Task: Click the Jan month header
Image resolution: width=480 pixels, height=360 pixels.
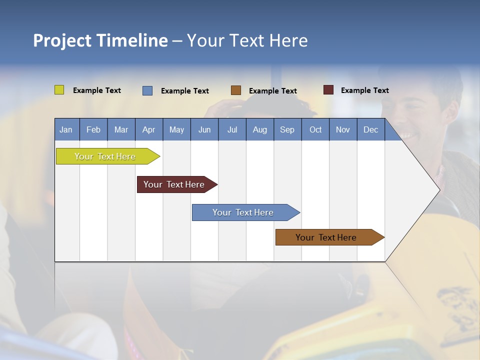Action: pyautogui.click(x=66, y=129)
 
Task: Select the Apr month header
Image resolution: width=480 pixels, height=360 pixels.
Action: pyautogui.click(x=148, y=129)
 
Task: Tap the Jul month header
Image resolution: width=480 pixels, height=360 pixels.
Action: pyautogui.click(x=232, y=129)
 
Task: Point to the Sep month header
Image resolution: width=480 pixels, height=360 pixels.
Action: pyautogui.click(x=287, y=129)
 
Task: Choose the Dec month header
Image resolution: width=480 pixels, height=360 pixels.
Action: pyautogui.click(x=370, y=129)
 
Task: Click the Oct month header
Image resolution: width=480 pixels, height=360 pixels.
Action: pyautogui.click(x=315, y=129)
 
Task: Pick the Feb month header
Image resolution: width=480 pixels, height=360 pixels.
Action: pyautogui.click(x=93, y=129)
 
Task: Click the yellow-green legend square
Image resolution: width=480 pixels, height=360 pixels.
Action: pyautogui.click(x=59, y=90)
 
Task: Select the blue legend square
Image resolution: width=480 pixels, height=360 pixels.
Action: pyautogui.click(x=147, y=90)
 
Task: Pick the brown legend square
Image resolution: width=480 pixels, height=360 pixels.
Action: pyautogui.click(x=236, y=90)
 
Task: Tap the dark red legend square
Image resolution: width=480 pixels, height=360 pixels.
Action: pyautogui.click(x=328, y=90)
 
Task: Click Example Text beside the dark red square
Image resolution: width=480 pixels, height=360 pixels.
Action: pyautogui.click(x=364, y=90)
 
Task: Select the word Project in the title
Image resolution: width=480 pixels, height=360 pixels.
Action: pyautogui.click(x=61, y=40)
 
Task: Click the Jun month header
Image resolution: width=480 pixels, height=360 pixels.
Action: pyautogui.click(x=204, y=129)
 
